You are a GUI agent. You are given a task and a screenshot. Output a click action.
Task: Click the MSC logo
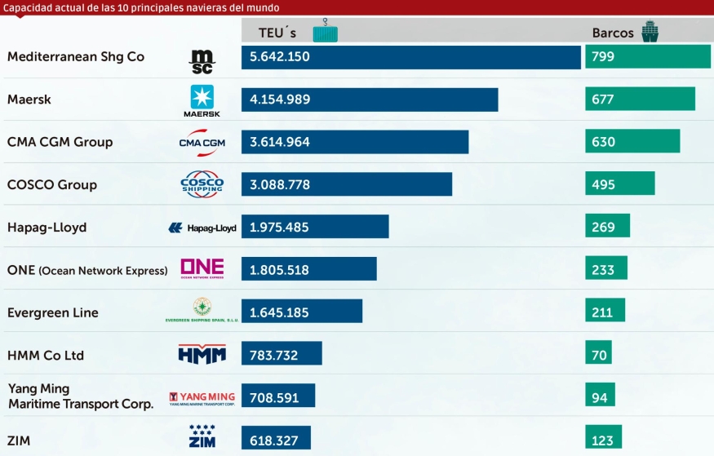(x=202, y=60)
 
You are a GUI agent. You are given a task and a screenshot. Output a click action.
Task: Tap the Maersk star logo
(x=202, y=100)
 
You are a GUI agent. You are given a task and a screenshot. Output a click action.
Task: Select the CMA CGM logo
(x=202, y=143)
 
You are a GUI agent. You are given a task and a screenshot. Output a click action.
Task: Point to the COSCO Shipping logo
(x=202, y=184)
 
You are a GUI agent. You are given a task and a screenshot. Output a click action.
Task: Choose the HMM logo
(x=202, y=354)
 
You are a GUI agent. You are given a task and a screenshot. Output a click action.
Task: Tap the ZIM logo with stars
(x=202, y=436)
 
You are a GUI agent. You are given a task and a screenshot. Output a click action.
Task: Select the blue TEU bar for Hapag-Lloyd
(x=315, y=227)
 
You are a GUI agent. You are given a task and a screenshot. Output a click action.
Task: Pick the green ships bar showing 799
(x=648, y=57)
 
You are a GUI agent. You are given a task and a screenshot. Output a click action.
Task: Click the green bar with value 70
(x=598, y=355)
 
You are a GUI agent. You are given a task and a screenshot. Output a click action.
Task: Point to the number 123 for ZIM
(x=602, y=441)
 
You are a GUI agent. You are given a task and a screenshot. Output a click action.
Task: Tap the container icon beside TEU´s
(x=324, y=31)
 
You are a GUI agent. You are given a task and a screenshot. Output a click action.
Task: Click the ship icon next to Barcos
(x=650, y=32)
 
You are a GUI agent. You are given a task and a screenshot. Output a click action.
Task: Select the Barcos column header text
(x=613, y=33)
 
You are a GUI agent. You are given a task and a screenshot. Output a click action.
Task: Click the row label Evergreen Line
(x=52, y=312)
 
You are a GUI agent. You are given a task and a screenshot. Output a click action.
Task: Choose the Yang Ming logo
(x=202, y=397)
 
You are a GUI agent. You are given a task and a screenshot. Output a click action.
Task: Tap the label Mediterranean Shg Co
(x=75, y=57)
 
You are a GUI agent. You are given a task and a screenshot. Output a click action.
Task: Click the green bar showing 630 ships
(x=632, y=141)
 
